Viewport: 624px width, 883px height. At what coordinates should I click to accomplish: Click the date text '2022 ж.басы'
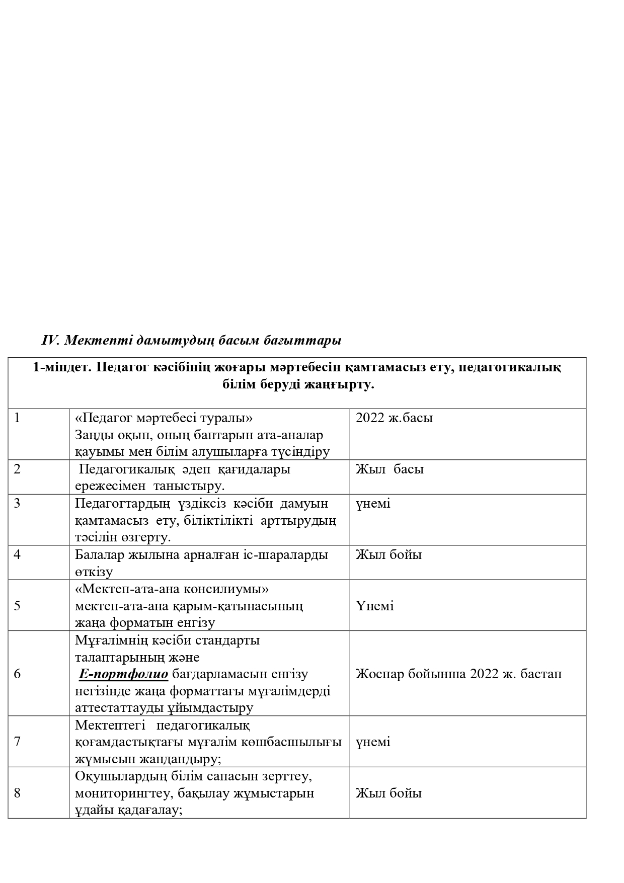(394, 418)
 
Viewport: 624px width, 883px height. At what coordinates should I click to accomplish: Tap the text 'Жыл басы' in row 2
(389, 469)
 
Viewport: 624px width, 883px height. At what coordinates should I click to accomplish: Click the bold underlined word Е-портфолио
(123, 674)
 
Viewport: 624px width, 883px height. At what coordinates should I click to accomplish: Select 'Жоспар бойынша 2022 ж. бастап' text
(458, 674)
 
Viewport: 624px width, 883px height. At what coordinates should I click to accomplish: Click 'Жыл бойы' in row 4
(388, 554)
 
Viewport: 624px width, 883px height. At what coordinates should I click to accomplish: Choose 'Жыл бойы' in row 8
(388, 793)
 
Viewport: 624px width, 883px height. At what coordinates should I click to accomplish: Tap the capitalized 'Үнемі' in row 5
(374, 606)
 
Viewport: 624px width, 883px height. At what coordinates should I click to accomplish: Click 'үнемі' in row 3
(373, 504)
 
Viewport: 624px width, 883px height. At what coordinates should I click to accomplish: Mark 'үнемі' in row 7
(373, 742)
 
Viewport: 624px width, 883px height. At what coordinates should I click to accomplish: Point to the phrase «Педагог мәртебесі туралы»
(164, 418)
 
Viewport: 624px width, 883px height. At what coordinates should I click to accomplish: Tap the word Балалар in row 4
(99, 554)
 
